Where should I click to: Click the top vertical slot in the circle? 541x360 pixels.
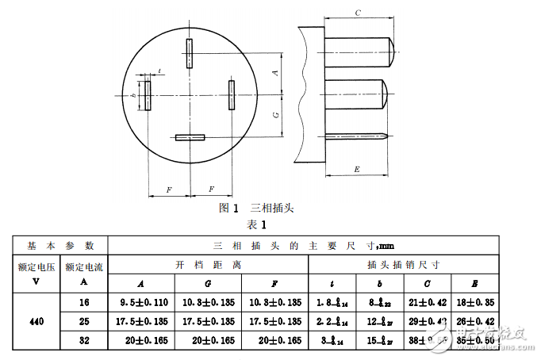click(x=190, y=54)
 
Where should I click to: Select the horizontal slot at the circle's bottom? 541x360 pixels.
click(x=190, y=138)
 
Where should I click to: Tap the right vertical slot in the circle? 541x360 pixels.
click(x=232, y=96)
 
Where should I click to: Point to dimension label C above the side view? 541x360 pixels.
click(x=358, y=13)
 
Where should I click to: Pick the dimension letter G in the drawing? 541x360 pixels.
click(x=275, y=115)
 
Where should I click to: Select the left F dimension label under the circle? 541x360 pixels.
click(x=169, y=189)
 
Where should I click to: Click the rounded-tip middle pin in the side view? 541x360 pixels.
click(x=355, y=94)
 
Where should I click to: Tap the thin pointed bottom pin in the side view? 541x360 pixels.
click(x=357, y=136)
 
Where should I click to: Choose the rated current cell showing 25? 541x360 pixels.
click(x=84, y=321)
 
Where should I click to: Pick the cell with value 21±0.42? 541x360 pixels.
click(x=427, y=302)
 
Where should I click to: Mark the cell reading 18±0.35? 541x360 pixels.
click(x=475, y=302)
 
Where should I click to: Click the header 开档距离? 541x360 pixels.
click(x=207, y=263)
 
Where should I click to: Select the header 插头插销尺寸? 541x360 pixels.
click(x=403, y=263)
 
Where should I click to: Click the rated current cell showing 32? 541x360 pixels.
click(x=84, y=339)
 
